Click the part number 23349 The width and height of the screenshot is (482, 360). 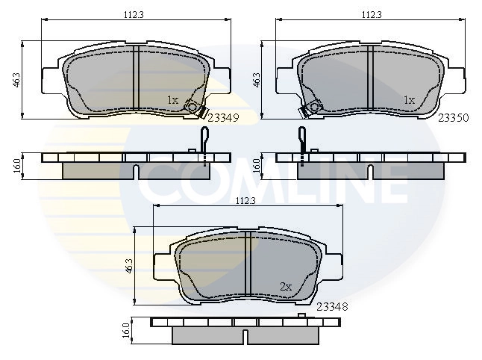[x=223, y=117]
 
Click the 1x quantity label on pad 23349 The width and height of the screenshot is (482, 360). [x=172, y=99]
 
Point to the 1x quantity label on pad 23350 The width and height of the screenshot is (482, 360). [x=409, y=99]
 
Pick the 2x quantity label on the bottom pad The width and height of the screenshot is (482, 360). [x=285, y=286]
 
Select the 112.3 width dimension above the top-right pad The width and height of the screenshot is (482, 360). [x=372, y=13]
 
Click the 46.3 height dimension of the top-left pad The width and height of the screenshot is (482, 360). [x=16, y=80]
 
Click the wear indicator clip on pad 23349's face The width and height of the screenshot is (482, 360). [x=193, y=108]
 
